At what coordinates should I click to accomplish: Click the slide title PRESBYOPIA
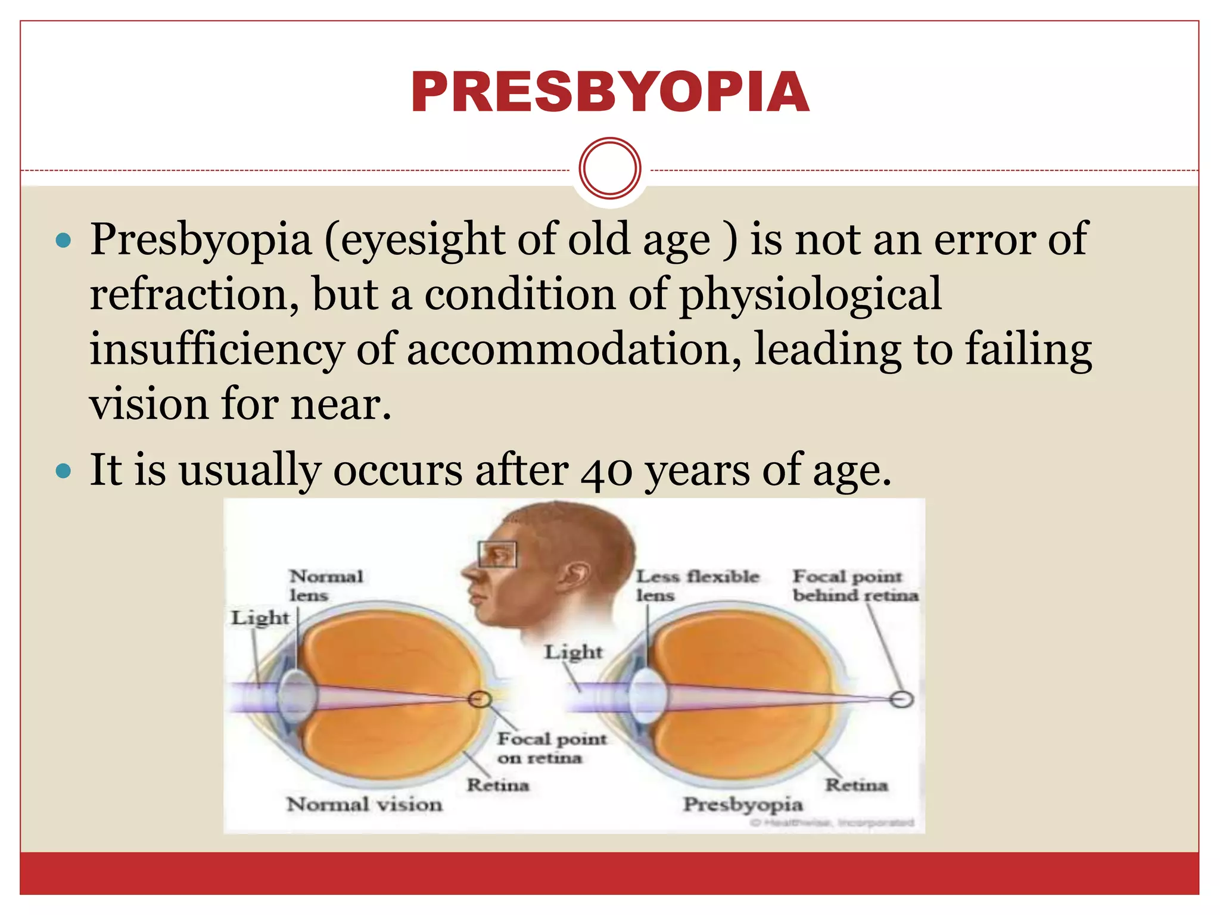point(609,92)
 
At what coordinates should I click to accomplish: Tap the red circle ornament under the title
point(609,168)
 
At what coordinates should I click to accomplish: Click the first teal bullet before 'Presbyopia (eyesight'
point(63,241)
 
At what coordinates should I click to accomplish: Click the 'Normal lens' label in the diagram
point(325,585)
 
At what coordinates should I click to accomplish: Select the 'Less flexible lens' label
point(697,585)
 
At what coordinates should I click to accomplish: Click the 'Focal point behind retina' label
point(855,585)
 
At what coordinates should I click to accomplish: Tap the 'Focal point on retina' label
point(551,748)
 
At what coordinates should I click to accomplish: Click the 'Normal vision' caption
point(365,805)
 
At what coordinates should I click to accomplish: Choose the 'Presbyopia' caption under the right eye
point(743,805)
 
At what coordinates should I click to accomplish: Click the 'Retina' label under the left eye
point(497,785)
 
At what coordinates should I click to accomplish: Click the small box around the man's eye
point(497,554)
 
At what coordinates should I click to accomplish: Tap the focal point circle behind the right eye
point(901,699)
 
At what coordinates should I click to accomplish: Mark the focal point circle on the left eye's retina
point(479,699)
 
